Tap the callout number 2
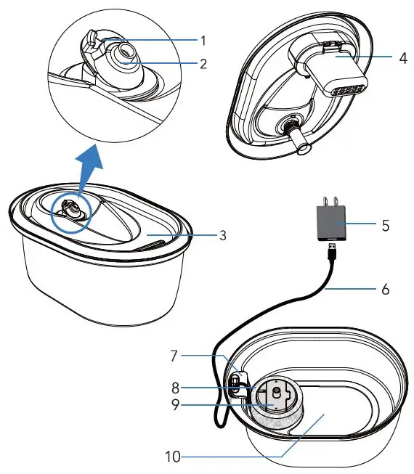204,63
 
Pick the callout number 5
386,226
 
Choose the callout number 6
386,289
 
